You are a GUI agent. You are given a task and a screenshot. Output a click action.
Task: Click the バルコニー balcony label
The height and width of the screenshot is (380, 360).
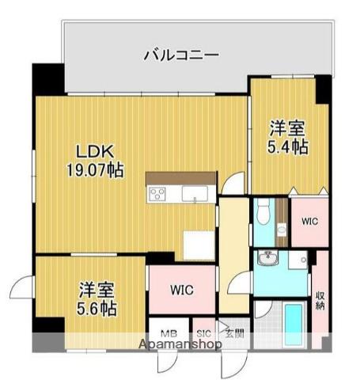tap(181, 55)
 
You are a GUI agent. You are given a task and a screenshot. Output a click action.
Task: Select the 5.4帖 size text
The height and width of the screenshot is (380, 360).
tap(286, 146)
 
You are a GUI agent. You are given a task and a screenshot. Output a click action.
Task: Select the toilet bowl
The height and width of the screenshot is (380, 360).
tap(263, 213)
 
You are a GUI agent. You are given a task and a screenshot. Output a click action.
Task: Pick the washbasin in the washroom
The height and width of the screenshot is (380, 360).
tap(267, 259)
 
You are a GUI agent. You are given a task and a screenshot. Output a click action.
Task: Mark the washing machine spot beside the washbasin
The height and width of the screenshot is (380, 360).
tap(297, 260)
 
